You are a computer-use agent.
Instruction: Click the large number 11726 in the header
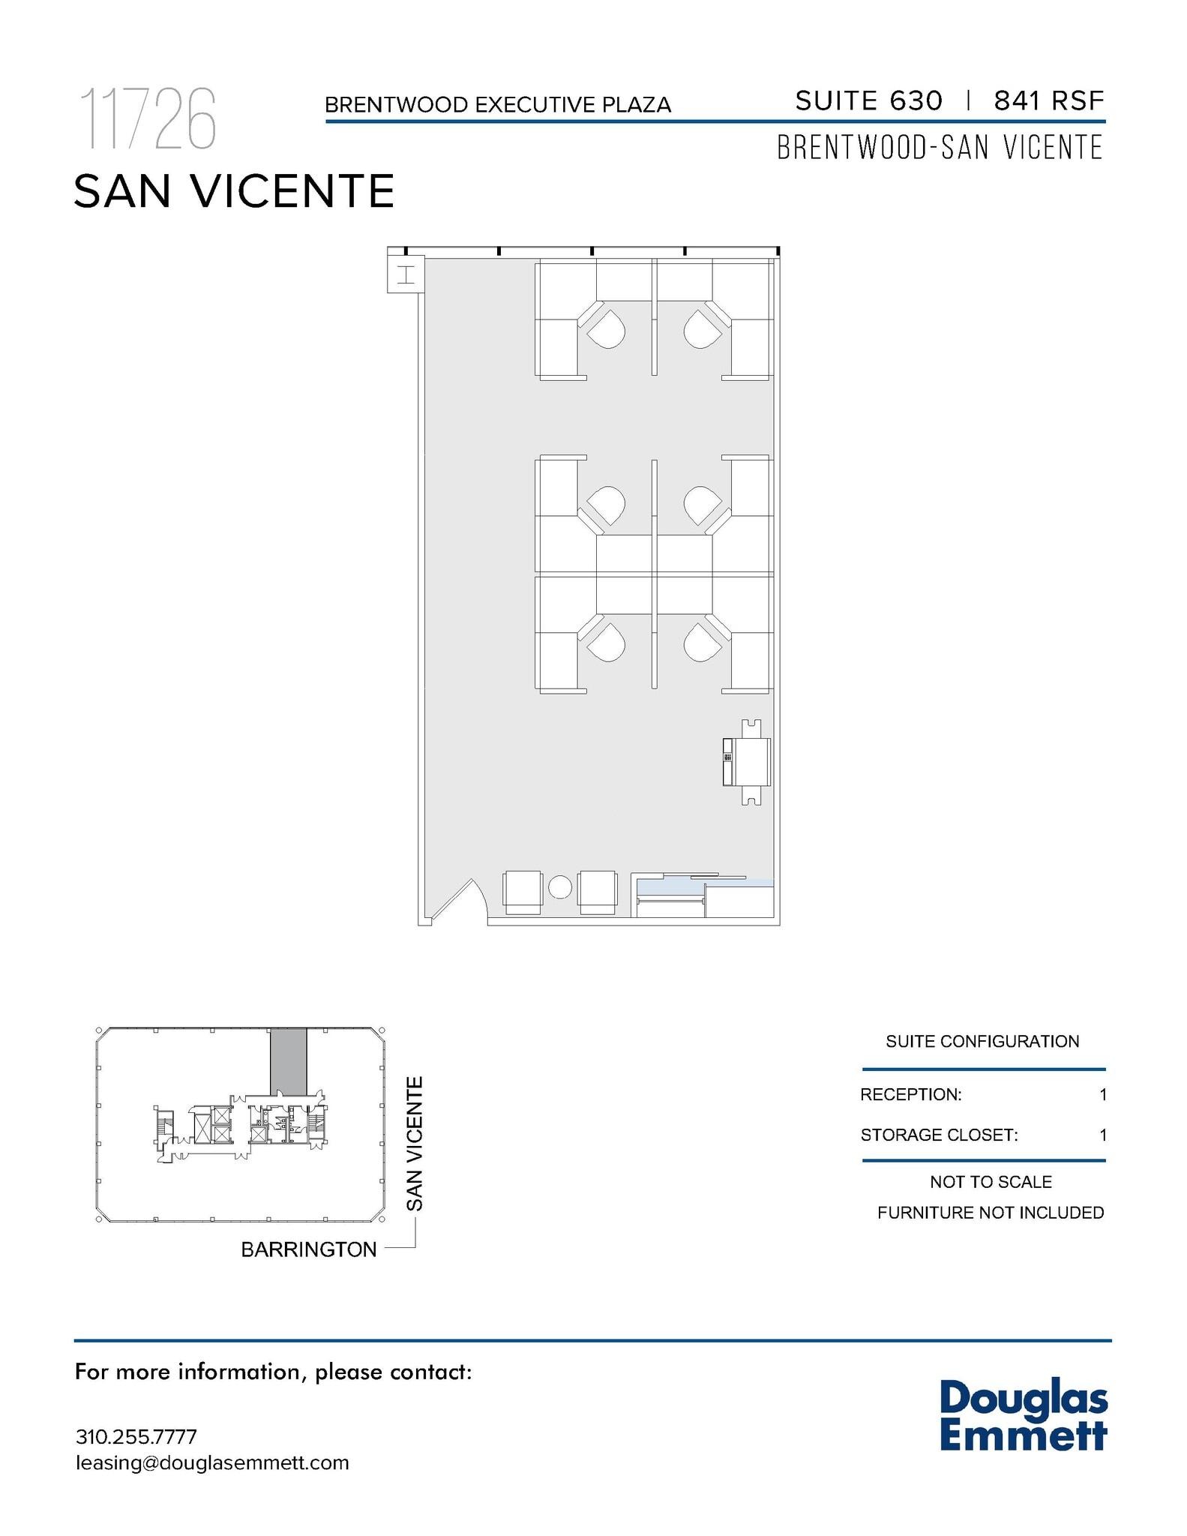[x=148, y=118]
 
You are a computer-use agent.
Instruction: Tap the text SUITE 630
[x=868, y=100]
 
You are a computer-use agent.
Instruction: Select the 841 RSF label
[x=1048, y=100]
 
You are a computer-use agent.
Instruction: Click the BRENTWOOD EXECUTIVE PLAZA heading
[x=497, y=105]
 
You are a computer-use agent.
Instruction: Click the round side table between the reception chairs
[x=560, y=888]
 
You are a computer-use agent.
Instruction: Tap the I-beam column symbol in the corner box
[x=406, y=274]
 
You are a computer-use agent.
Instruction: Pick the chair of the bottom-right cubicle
[x=701, y=643]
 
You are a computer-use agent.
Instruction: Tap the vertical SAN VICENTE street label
[x=415, y=1144]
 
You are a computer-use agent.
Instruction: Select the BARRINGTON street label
[x=308, y=1249]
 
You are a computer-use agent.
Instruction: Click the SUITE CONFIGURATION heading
[x=982, y=1041]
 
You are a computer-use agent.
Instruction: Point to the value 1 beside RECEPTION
[x=1102, y=1094]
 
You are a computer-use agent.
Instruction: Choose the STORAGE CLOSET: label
[x=939, y=1135]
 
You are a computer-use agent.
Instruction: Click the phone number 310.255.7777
[x=136, y=1437]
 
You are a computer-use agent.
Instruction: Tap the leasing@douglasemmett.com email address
[x=212, y=1462]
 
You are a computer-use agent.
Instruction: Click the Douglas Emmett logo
[x=1023, y=1415]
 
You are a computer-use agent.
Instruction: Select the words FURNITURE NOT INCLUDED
[x=990, y=1213]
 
